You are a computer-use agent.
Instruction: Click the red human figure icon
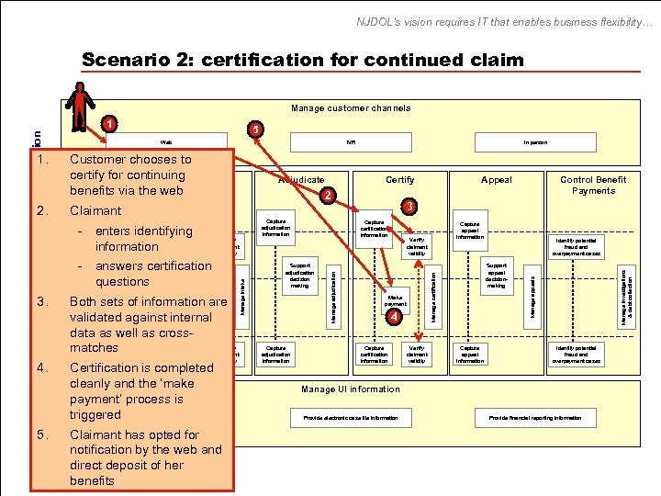tap(82, 103)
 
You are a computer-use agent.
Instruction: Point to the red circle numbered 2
tap(328, 195)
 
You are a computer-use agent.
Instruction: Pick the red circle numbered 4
tap(393, 317)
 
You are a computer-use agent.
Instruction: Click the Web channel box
tap(166, 142)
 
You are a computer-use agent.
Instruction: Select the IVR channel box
tap(352, 142)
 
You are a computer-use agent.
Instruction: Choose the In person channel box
tap(534, 142)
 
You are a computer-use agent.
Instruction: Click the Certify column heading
tap(399, 180)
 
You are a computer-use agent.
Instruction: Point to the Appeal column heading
tap(497, 180)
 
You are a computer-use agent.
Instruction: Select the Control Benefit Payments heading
tap(593, 185)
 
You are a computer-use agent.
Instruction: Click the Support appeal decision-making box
tap(497, 275)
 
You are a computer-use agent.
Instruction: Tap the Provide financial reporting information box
tap(534, 418)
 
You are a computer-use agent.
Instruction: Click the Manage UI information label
tap(351, 389)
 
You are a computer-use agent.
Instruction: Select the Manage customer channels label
tap(351, 107)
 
